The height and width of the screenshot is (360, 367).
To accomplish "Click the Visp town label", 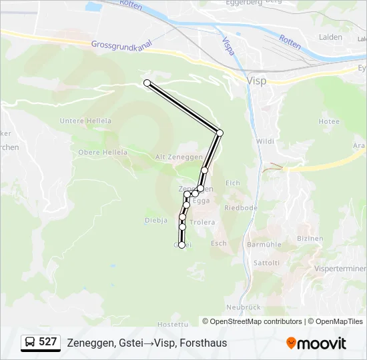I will coord(256,81).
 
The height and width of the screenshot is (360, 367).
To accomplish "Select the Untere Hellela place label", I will coord(85,121).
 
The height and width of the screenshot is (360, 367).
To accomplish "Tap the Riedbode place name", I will coord(241,207).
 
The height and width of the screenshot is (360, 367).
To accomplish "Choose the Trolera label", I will coord(202,222).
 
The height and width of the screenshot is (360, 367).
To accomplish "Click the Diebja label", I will coord(155,220).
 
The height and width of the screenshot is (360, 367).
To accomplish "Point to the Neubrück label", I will coord(242,307).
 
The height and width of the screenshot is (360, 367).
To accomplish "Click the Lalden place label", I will coord(331,37).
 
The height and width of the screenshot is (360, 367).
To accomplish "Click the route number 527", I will coord(47,342).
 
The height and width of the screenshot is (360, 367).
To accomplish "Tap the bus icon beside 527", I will coord(30,343).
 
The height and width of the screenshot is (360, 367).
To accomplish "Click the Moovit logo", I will coord(316,343).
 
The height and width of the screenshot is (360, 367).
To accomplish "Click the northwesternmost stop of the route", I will coord(147,83).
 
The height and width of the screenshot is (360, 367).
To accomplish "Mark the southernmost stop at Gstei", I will coord(181,245).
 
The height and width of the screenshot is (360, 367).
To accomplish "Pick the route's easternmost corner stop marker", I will coord(220,133).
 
